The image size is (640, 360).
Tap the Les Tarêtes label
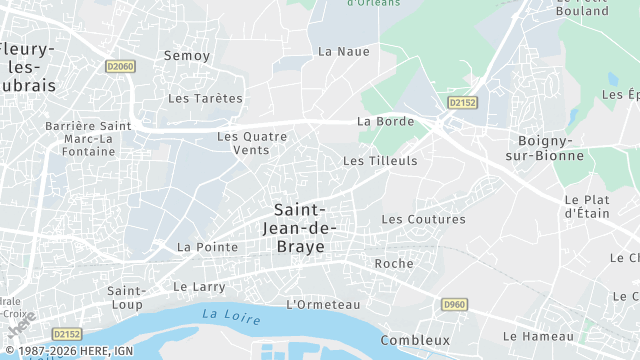click(205, 98)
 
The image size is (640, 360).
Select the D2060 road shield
click(119, 67)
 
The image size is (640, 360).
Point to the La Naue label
click(343, 51)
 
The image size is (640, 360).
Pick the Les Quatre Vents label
click(251, 143)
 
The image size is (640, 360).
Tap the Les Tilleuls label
click(380, 160)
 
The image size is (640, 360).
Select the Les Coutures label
click(423, 219)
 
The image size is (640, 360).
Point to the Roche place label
click(393, 263)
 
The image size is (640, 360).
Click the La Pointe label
click(207, 246)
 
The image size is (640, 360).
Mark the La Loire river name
click(230, 316)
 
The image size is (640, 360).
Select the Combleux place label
click(415, 340)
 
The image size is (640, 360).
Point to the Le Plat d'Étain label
click(587, 205)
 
